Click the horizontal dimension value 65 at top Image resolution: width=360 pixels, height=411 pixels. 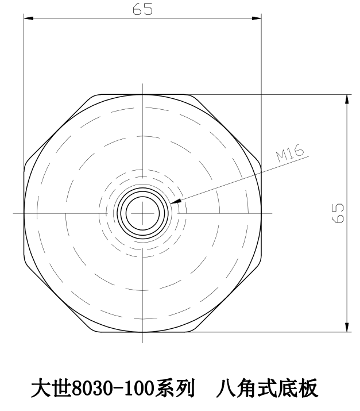pyautogui.click(x=142, y=10)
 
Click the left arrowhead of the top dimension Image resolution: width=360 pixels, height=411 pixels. pyautogui.click(x=28, y=18)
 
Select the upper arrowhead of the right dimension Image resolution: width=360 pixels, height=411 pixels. pyautogui.click(x=347, y=98)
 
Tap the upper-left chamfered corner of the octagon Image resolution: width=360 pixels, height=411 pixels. pyautogui.click(x=57, y=124)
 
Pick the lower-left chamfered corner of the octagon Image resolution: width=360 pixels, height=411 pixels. pyautogui.click(x=57, y=301)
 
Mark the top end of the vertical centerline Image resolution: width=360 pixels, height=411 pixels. pyautogui.click(x=142, y=84)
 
